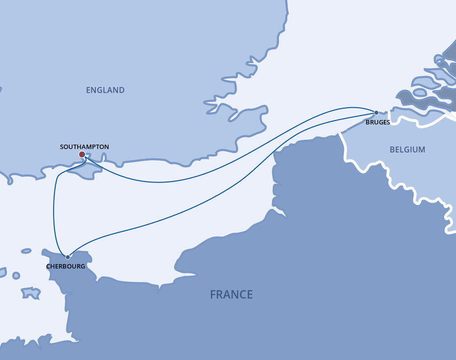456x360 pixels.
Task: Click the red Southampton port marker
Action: (x=82, y=154)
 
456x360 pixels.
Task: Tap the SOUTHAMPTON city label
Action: (x=84, y=147)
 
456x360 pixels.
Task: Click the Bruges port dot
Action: (x=376, y=113)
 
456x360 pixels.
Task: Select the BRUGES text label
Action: (x=377, y=122)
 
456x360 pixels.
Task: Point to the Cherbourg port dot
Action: (x=67, y=257)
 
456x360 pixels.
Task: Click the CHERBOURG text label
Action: (x=66, y=266)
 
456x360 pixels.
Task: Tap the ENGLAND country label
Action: (x=105, y=90)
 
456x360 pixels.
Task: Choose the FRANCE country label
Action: (x=231, y=295)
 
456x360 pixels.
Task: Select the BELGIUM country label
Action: (x=407, y=150)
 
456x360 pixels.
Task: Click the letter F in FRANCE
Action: (x=213, y=295)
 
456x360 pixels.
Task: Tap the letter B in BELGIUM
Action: (x=392, y=150)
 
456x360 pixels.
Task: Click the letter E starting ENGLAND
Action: (x=88, y=90)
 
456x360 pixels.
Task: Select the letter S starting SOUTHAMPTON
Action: (x=61, y=147)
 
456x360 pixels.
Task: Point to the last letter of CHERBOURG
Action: (x=83, y=266)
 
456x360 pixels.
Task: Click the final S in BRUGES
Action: (x=388, y=122)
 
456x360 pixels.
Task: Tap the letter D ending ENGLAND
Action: (x=122, y=90)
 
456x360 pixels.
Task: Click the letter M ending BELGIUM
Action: (x=423, y=150)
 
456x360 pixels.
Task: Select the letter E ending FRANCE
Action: (x=250, y=295)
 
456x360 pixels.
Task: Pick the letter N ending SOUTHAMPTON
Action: (x=107, y=147)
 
